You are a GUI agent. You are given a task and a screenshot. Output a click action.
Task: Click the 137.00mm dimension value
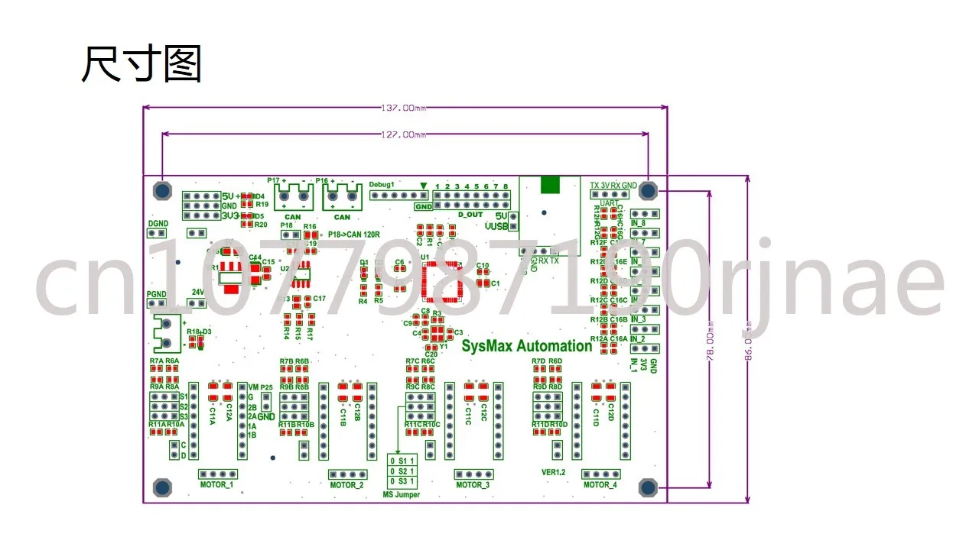point(404,108)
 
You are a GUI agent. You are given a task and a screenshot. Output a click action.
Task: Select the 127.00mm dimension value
point(404,134)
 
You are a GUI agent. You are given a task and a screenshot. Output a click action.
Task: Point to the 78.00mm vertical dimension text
point(711,336)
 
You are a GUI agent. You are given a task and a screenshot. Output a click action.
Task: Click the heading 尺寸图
point(141,64)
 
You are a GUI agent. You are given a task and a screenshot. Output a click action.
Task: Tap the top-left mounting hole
point(162,189)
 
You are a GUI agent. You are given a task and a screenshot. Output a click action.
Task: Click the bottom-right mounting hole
point(649,487)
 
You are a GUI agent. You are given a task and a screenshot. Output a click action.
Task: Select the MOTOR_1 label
point(216,485)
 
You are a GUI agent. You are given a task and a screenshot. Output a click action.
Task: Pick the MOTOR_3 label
point(473,485)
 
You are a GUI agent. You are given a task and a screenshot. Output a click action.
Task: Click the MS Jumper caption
point(402,495)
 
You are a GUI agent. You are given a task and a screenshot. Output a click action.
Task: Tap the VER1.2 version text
point(553,472)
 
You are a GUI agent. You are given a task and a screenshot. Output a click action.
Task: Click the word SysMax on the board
point(486,346)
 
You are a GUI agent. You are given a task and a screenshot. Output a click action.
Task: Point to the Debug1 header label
point(381,185)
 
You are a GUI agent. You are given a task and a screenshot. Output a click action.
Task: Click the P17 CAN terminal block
point(292,199)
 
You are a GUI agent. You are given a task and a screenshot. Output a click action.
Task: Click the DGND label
point(157,224)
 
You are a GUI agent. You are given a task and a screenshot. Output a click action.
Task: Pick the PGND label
point(156,293)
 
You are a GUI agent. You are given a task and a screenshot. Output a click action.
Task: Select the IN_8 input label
point(638,224)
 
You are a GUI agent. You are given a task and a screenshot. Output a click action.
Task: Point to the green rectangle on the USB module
point(549,185)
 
